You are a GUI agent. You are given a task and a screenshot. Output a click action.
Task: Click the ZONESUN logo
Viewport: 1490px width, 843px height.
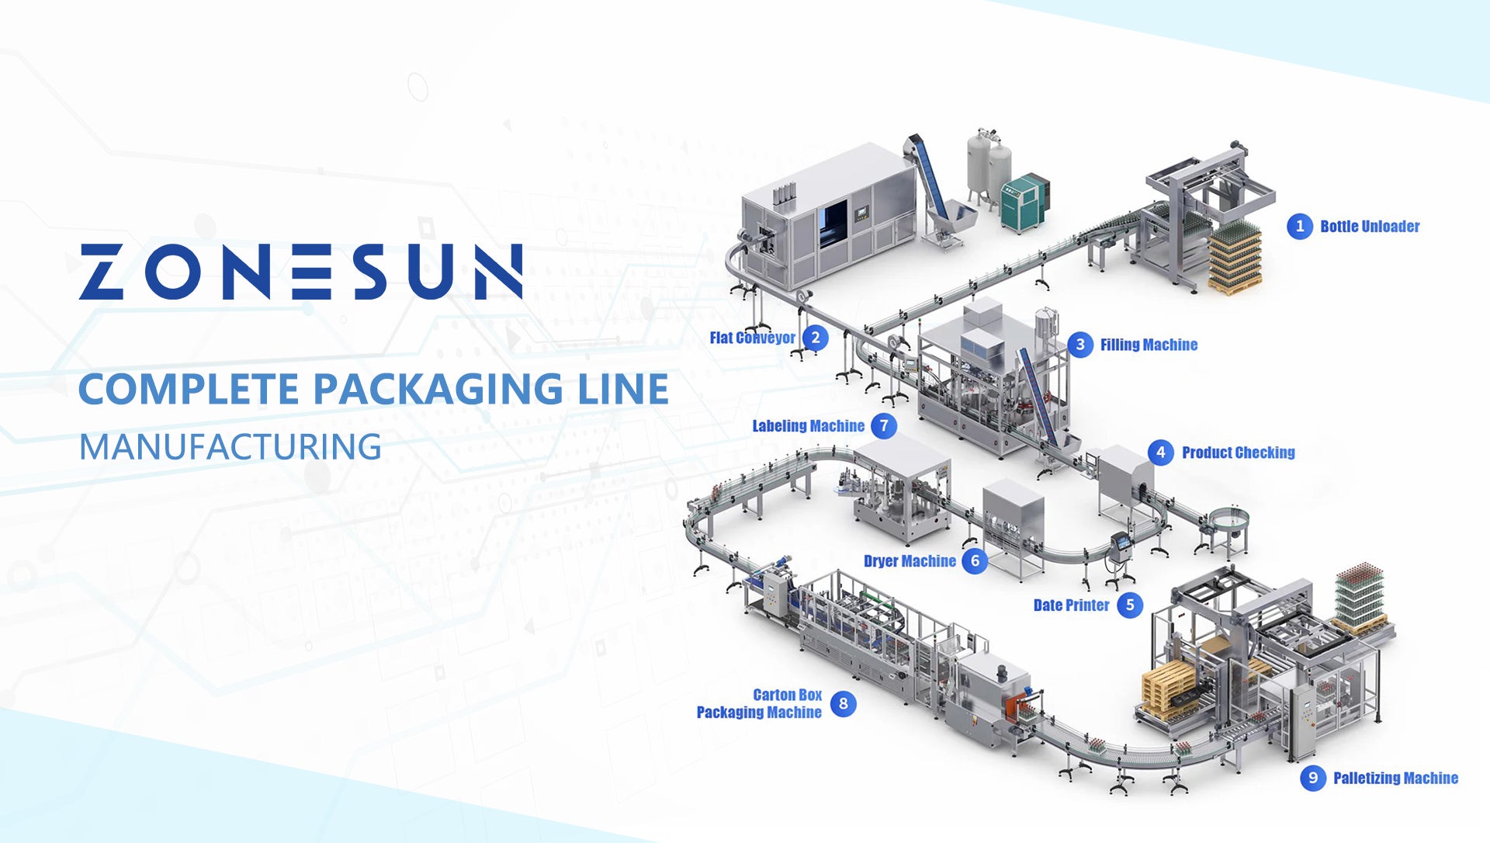click(x=300, y=272)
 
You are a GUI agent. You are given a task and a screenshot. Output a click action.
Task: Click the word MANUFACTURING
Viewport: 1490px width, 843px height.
click(x=230, y=447)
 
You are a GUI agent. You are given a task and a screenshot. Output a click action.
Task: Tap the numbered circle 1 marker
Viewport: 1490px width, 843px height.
click(x=1300, y=227)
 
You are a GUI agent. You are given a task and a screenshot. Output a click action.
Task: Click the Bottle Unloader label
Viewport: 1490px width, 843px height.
click(x=1370, y=227)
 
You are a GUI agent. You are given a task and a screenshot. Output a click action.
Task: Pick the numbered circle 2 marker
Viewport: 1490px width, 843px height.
click(x=815, y=338)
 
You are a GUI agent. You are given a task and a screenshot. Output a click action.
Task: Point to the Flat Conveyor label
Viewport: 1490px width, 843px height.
click(x=752, y=338)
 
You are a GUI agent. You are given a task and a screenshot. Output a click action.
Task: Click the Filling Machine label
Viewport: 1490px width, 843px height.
click(x=1149, y=345)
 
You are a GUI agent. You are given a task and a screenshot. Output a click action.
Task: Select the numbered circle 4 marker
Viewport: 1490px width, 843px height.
click(x=1161, y=453)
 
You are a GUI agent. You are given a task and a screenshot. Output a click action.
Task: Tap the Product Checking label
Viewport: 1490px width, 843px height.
click(x=1239, y=453)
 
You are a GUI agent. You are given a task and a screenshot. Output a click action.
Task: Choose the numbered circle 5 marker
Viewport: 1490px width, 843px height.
click(x=1130, y=605)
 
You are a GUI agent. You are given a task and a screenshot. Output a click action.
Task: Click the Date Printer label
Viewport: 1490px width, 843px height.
click(x=1071, y=605)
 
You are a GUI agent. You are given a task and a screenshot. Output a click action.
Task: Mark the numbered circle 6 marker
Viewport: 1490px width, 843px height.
click(x=975, y=561)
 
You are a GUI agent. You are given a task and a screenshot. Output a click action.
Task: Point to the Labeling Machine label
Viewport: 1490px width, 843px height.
click(x=808, y=426)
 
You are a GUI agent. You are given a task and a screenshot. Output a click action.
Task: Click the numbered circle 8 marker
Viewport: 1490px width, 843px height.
click(x=844, y=704)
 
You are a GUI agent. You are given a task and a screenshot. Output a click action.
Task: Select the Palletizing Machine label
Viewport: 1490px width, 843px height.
click(x=1395, y=778)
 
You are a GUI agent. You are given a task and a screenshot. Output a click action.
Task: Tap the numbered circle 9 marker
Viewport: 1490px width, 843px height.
click(x=1313, y=778)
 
